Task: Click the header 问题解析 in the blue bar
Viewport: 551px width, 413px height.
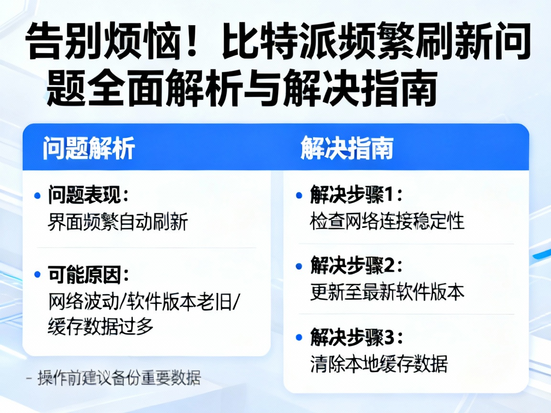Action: [x=88, y=148]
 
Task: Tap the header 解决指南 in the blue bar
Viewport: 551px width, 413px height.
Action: [x=347, y=148]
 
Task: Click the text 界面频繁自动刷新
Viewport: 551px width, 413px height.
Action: [x=118, y=222]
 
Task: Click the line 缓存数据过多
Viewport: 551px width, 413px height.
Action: [x=101, y=327]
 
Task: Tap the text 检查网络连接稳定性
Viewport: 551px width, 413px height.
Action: [x=387, y=222]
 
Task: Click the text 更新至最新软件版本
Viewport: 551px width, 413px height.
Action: [x=387, y=292]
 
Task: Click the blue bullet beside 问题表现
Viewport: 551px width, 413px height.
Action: [x=38, y=196]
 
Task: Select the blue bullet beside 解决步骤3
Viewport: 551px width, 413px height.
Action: [x=299, y=338]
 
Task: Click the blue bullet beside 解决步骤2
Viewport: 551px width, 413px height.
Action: [x=299, y=266]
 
